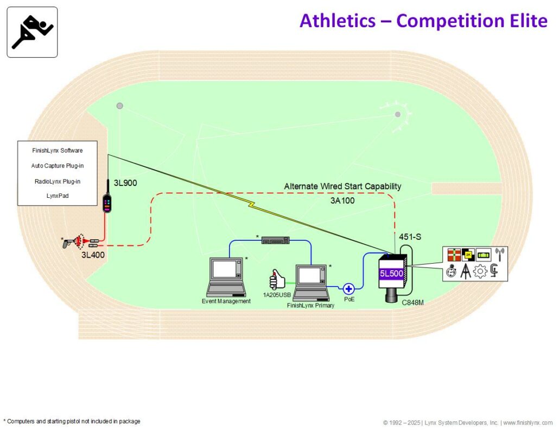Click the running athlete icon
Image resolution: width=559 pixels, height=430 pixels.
32,32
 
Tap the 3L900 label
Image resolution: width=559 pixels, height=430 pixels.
125,183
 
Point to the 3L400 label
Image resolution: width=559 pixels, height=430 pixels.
93,255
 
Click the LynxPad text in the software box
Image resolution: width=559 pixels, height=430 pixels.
58,196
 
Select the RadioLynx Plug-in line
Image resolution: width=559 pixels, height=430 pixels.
58,182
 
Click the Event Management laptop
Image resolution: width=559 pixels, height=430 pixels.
226,277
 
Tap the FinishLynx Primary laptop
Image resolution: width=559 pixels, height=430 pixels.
312,283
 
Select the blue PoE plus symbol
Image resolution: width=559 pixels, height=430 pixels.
348,289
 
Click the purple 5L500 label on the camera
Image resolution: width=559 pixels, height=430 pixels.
391,273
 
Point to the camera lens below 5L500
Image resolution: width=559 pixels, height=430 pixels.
393,295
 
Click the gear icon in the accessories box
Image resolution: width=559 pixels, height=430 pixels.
480,271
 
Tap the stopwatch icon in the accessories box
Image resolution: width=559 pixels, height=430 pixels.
452,271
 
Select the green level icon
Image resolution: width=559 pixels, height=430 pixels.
484,254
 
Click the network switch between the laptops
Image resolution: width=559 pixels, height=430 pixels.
275,240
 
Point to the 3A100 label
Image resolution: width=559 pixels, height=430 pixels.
342,201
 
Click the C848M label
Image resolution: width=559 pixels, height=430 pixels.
413,302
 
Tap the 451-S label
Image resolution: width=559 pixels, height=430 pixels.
410,237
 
